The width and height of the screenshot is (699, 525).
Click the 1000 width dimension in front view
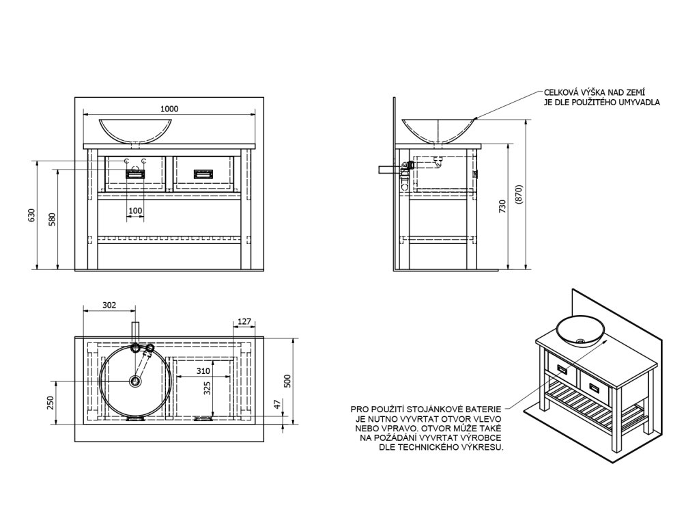coord(169,109)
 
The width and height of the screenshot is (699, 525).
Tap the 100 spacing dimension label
coord(135,211)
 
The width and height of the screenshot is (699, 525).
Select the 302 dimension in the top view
coord(109,305)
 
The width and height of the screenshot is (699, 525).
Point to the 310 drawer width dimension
coord(201,371)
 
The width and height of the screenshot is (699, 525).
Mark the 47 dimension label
coord(277,405)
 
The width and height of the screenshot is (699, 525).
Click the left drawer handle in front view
coord(135,174)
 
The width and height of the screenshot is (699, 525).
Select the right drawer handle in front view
coord(203,174)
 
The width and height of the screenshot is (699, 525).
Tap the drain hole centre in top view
coord(135,381)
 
